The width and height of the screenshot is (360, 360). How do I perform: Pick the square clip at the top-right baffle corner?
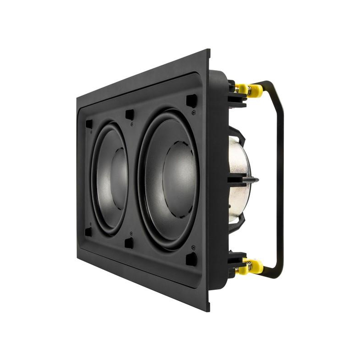191,101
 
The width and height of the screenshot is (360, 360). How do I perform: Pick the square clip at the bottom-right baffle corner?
191,259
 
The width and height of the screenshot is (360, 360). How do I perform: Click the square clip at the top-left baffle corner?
89,123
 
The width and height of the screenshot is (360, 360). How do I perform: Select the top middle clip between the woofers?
129,113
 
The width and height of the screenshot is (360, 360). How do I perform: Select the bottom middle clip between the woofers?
129,243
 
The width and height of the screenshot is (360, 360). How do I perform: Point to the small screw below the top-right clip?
195,113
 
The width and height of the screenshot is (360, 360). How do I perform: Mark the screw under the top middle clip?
132,123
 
